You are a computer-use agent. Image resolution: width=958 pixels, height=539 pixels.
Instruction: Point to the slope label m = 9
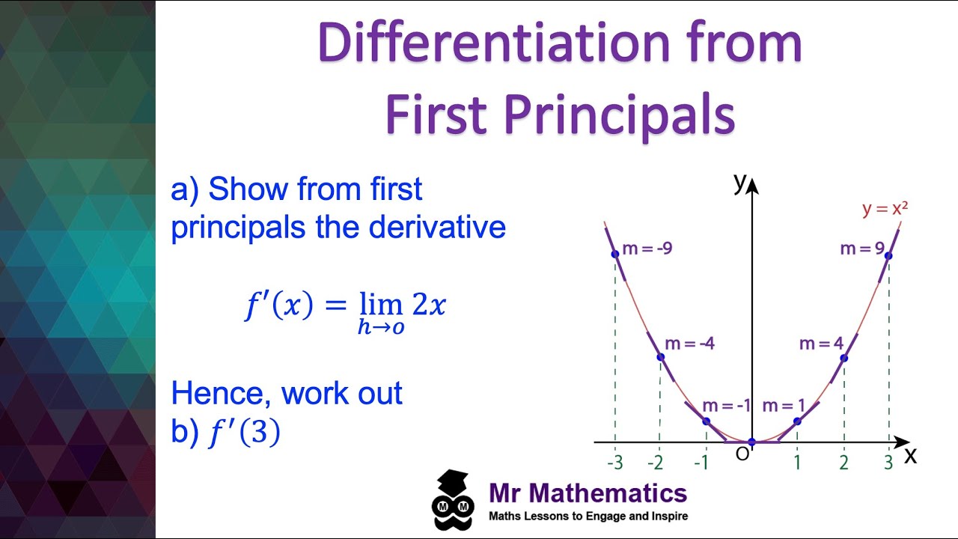click(862, 249)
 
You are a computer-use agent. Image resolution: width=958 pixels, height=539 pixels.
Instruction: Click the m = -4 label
click(689, 344)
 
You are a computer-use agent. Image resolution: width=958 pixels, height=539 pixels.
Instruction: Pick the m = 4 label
click(821, 344)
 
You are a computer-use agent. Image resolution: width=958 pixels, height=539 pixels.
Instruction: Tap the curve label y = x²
click(885, 209)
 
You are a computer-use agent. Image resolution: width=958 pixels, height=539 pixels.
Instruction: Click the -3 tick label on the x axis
click(614, 463)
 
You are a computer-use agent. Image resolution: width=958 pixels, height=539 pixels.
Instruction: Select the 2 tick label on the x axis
click(843, 463)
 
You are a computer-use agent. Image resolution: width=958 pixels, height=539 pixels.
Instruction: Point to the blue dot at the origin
click(752, 442)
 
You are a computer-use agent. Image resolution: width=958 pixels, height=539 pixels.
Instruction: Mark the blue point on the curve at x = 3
click(888, 256)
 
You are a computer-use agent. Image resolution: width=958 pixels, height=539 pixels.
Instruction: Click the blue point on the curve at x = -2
click(660, 357)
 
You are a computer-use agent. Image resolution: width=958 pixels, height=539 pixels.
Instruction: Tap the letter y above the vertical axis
click(739, 181)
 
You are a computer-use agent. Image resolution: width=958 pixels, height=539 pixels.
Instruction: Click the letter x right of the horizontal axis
click(910, 455)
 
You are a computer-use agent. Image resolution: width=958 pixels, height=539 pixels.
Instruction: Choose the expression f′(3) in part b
click(244, 433)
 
